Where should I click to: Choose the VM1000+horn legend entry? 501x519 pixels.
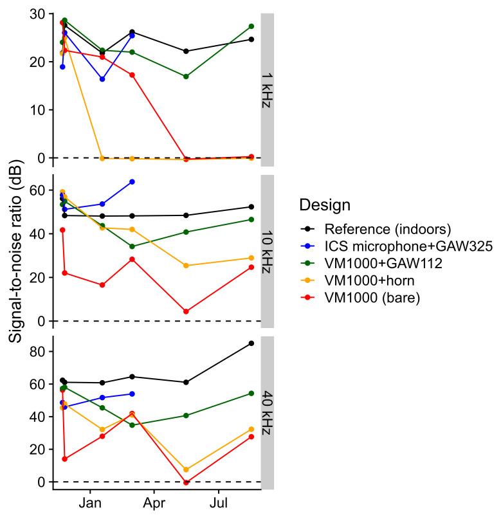(364, 280)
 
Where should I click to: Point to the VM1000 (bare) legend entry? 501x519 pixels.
(367, 297)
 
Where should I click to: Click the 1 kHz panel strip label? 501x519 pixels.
(268, 89)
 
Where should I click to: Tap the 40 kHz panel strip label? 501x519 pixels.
(268, 412)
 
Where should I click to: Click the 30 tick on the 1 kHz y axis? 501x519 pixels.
(38, 14)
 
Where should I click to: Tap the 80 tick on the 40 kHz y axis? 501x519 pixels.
(38, 352)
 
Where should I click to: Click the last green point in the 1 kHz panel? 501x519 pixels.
(251, 26)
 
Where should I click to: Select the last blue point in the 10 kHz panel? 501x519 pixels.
(132, 182)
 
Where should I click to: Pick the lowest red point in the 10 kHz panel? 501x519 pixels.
(186, 311)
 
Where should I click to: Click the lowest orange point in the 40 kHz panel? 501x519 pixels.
(186, 469)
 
